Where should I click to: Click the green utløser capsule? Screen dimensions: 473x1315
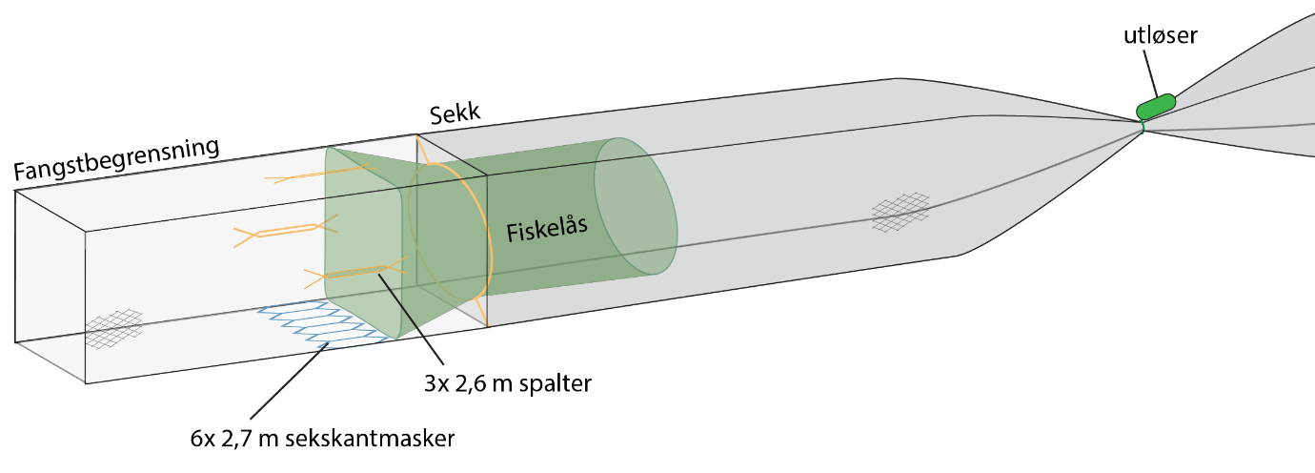1156,105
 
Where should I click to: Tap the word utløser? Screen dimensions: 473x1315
1160,36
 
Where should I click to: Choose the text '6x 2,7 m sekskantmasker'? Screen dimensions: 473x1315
317,440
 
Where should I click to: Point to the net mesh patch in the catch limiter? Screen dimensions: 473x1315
114,326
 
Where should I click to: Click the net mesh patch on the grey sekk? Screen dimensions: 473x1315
900,213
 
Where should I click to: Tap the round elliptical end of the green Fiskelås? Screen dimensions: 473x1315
636,205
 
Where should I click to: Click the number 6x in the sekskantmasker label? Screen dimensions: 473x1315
203,440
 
